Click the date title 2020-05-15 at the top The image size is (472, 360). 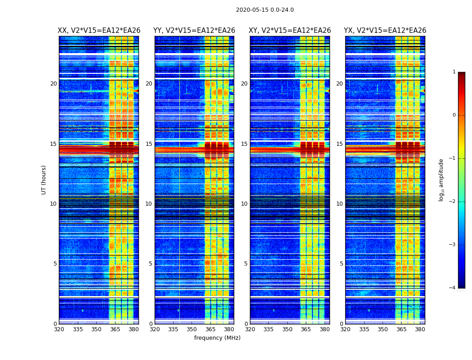[x=265, y=10]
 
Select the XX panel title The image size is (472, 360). [x=99, y=31]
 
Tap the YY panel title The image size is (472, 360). [x=194, y=31]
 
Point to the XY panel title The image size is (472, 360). [x=290, y=31]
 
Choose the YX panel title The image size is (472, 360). [x=385, y=31]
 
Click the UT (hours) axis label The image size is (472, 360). [x=44, y=180]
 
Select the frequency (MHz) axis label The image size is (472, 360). [x=217, y=338]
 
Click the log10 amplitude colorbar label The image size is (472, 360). [x=441, y=180]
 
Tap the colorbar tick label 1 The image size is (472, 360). [x=454, y=72]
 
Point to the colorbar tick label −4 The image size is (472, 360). [x=453, y=288]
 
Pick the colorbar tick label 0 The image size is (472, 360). [x=454, y=115]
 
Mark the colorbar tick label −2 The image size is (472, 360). [x=453, y=202]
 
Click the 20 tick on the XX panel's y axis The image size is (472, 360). [x=53, y=84]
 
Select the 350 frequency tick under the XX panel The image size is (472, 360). [x=96, y=329]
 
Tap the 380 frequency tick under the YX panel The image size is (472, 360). [x=420, y=329]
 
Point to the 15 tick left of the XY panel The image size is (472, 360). [x=244, y=144]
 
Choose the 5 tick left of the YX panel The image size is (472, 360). [x=342, y=264]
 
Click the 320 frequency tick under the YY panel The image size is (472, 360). [x=155, y=329]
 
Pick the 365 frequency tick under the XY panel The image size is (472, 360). [x=306, y=329]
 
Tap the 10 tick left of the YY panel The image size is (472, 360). [x=149, y=204]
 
